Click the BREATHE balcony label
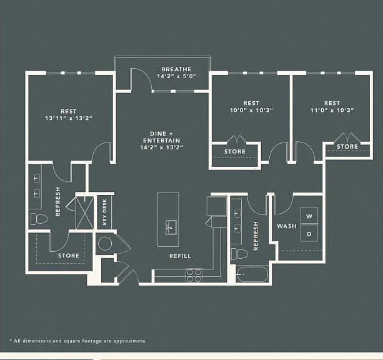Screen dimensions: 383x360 coord(176,69)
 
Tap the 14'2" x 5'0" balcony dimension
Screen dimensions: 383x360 coord(176,76)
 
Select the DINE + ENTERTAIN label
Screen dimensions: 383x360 coord(161,137)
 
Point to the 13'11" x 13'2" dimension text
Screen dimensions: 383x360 coord(69,118)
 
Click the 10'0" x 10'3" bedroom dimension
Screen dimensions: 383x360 coord(251,110)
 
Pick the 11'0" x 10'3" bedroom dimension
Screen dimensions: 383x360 coord(332,110)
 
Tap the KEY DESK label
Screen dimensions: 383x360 coord(104,212)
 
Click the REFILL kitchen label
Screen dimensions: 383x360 coord(181,256)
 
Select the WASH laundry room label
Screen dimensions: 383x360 coord(287,226)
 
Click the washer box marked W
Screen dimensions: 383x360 coord(309,216)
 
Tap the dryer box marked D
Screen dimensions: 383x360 coord(309,233)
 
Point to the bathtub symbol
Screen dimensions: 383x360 coord(252,274)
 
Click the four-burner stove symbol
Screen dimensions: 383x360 coord(194,276)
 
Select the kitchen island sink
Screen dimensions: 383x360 coord(171,227)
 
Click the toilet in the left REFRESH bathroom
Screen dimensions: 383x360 coord(39,219)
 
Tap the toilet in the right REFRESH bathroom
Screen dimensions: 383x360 coord(239,254)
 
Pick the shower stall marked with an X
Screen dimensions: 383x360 coord(85,212)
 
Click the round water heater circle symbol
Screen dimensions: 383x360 coord(105,243)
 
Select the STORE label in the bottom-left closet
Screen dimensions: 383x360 coord(69,256)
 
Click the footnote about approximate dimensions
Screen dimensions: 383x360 coord(78,341)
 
